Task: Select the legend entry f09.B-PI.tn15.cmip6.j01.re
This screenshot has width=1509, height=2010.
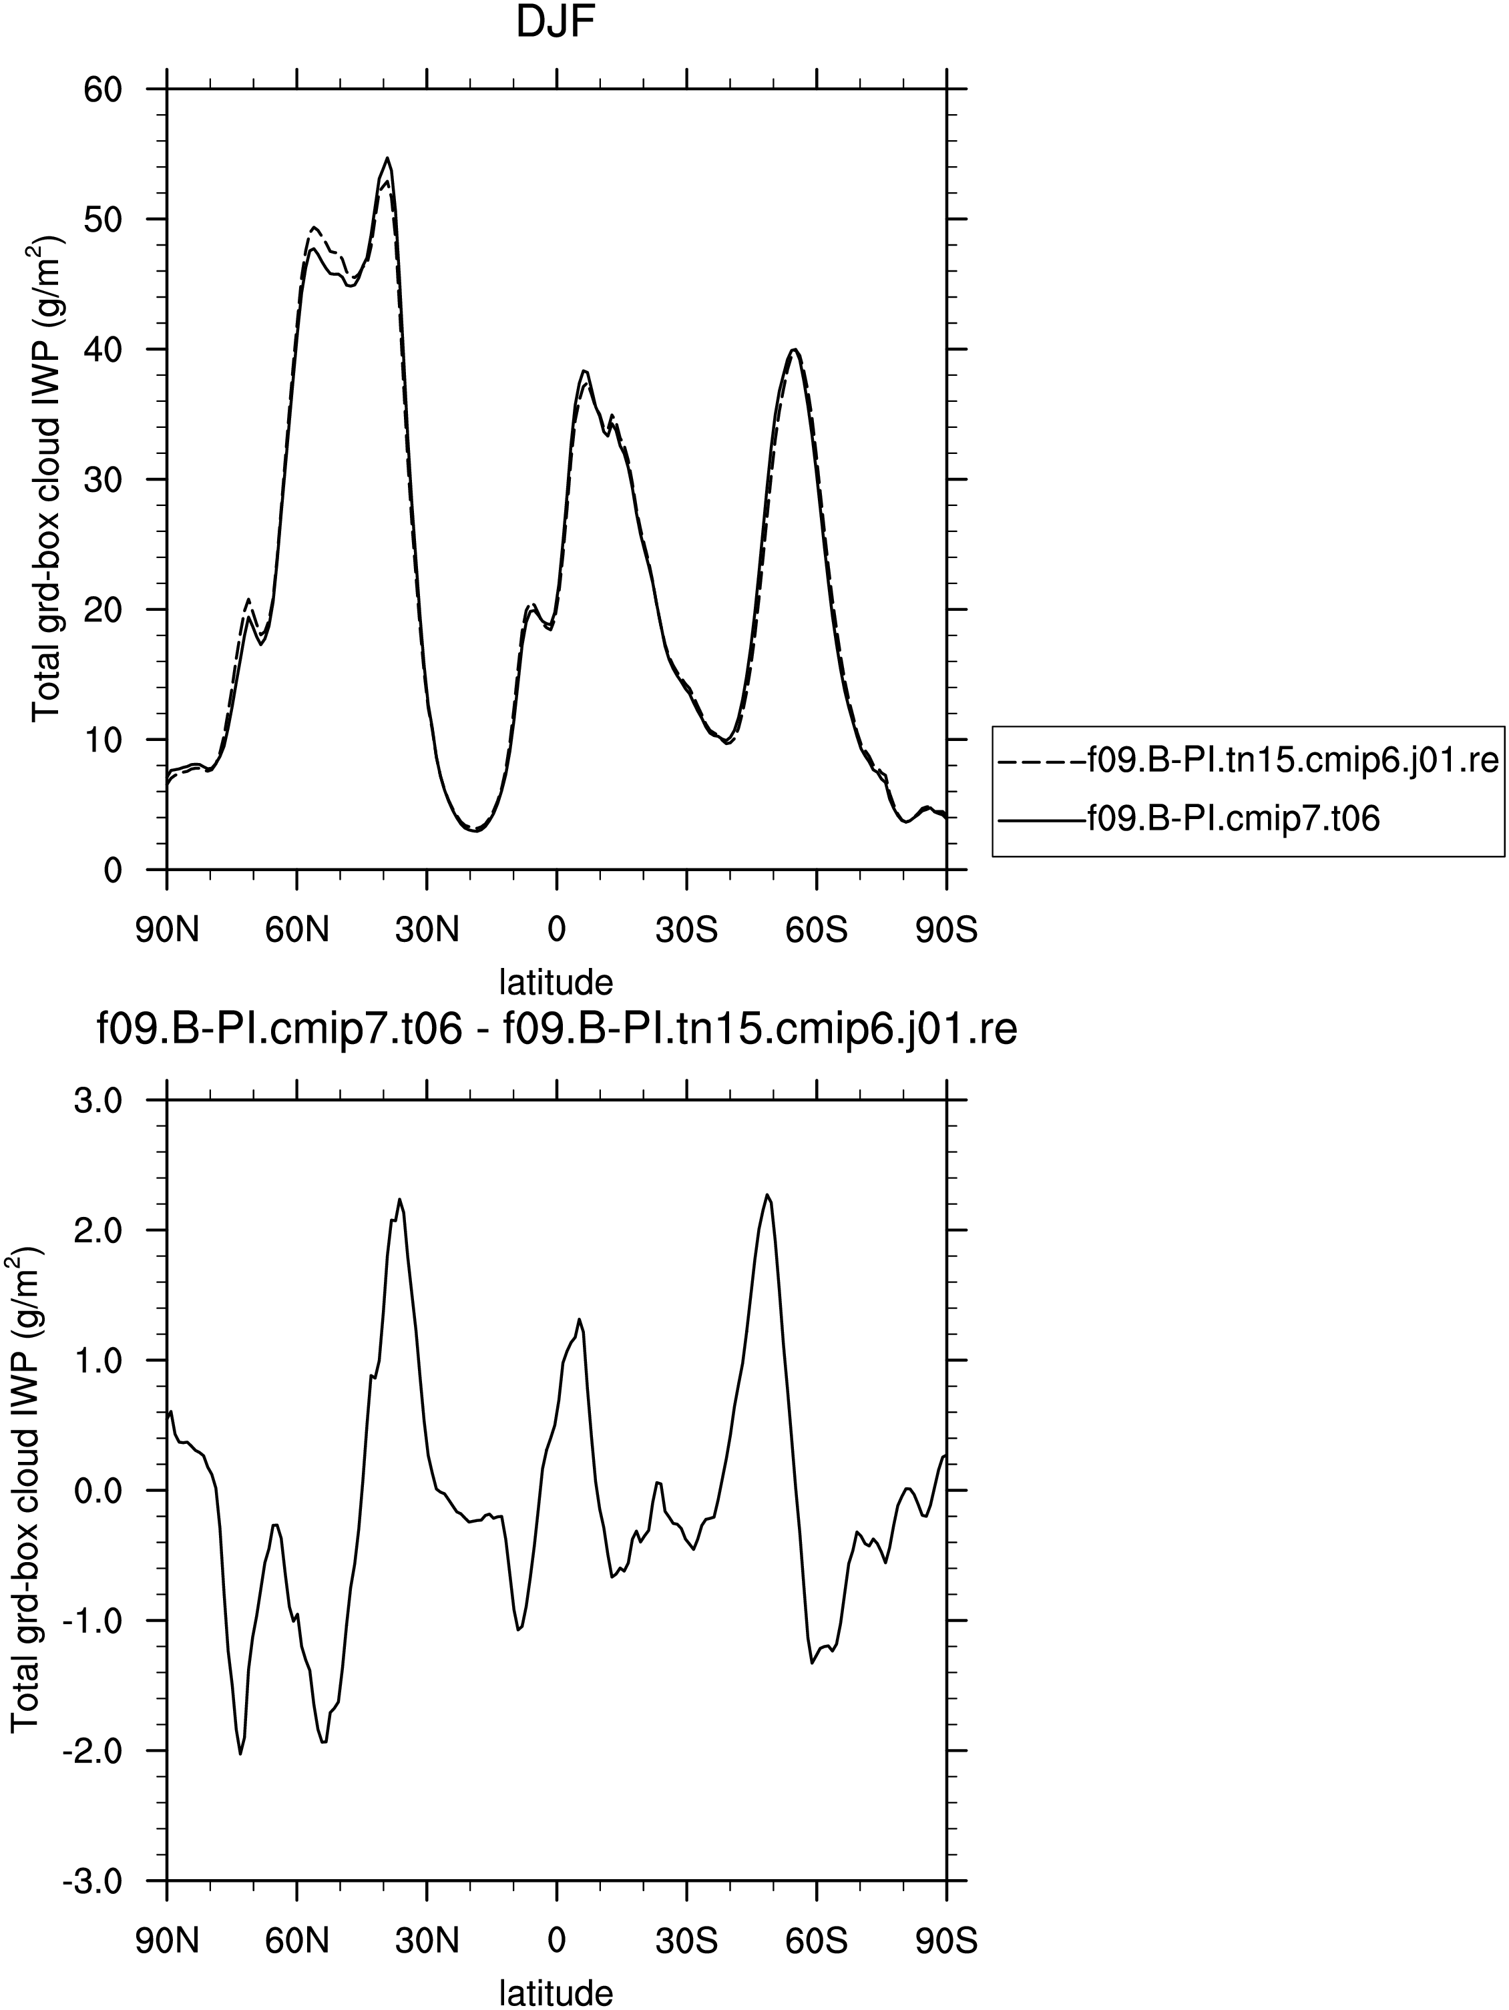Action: point(1247,760)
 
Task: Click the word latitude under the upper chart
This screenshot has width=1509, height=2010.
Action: point(556,982)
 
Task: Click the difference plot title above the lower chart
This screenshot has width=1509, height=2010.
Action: point(556,1031)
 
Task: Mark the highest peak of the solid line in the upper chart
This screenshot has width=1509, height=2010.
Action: point(387,158)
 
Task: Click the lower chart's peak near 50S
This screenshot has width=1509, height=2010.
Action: point(767,1195)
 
